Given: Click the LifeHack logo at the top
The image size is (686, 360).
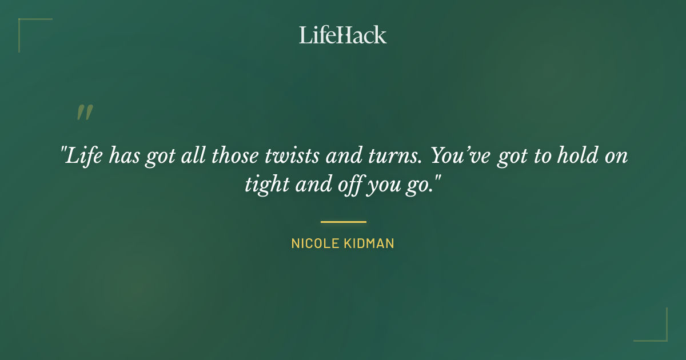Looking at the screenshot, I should tap(343, 35).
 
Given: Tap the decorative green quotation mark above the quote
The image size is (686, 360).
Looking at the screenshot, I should tap(84, 113).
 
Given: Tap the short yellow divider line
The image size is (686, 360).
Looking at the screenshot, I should tap(343, 222).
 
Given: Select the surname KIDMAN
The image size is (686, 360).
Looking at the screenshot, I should tap(369, 243).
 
